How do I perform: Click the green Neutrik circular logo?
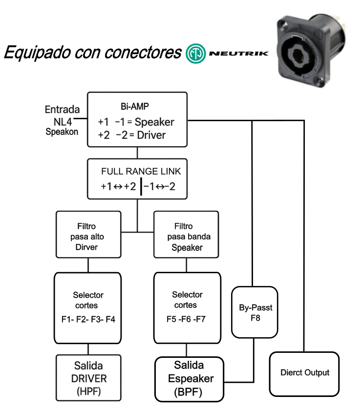[x=195, y=52]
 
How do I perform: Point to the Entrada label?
[x=62, y=109]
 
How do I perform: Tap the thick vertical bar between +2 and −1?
[x=141, y=186]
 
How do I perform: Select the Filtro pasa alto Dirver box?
[x=88, y=234]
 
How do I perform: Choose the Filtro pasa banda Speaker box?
[x=186, y=234]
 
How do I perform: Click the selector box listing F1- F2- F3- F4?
[x=88, y=307]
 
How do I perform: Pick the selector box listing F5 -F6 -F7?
[x=185, y=307]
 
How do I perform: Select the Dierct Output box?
[x=304, y=373]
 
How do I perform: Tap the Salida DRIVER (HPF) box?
[x=88, y=378]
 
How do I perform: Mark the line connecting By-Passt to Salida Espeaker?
[x=254, y=362]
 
